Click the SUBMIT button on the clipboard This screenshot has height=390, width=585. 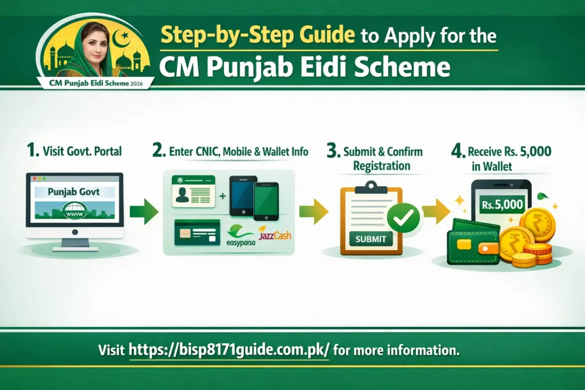tap(371, 239)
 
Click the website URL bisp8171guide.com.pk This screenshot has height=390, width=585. tap(229, 350)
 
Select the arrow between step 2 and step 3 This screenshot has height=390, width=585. tap(313, 212)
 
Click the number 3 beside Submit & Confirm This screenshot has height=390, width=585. tap(332, 152)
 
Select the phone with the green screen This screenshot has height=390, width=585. tap(266, 201)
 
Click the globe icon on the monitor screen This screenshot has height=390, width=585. tap(74, 210)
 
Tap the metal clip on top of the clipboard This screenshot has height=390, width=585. tap(371, 186)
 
